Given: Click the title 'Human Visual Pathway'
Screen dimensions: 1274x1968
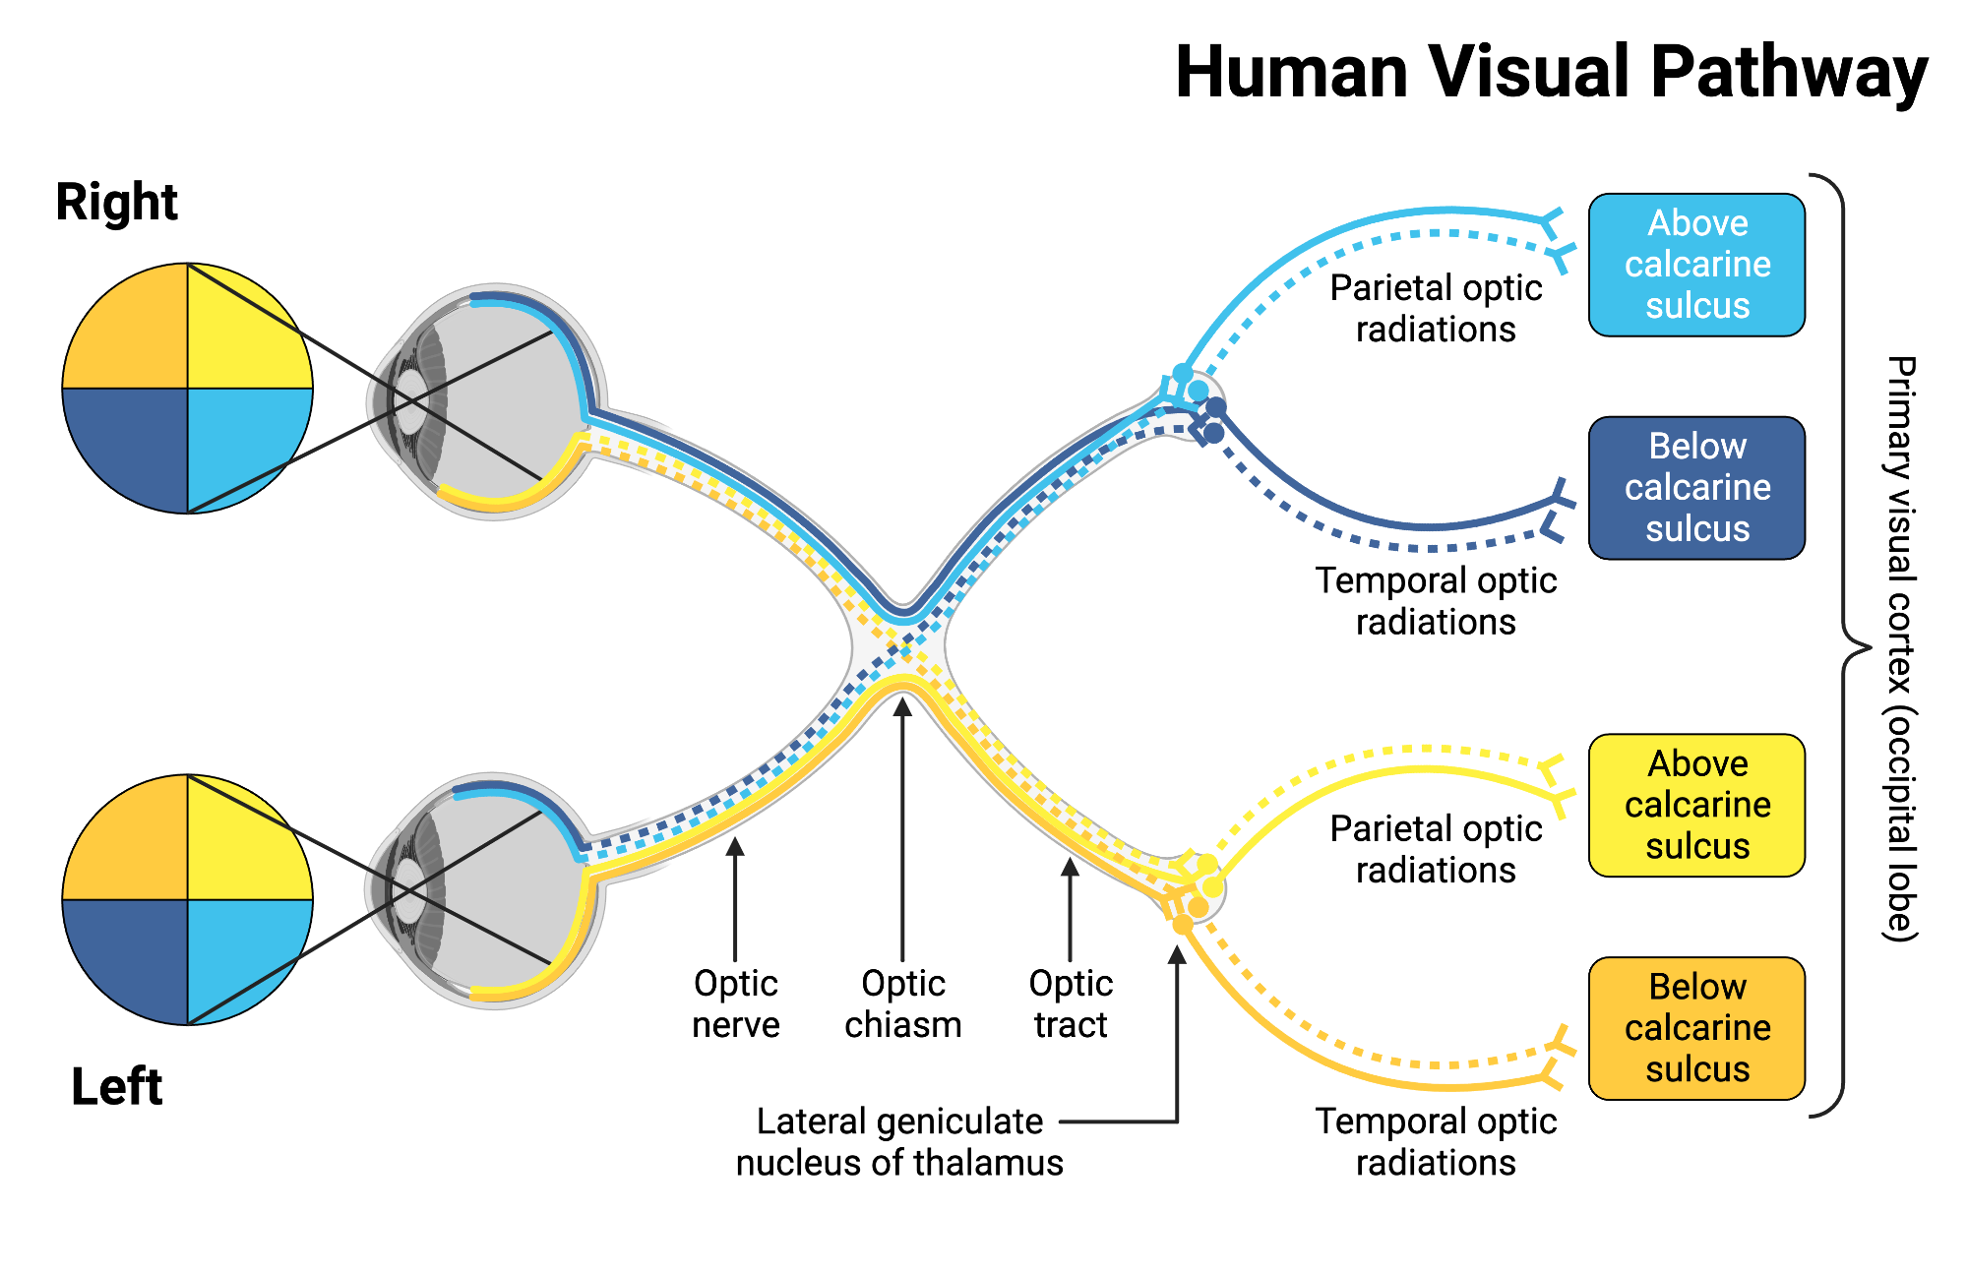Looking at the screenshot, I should [1551, 73].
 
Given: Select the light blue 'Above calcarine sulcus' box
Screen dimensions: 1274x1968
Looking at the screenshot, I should [1696, 265].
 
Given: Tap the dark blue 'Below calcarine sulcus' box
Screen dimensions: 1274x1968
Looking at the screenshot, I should [1696, 488].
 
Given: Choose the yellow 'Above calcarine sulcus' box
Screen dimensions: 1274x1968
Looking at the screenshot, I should [1696, 805].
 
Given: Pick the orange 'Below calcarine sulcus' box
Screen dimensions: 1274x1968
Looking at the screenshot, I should [1696, 1028].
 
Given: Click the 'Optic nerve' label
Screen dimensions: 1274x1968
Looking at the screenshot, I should [735, 1003].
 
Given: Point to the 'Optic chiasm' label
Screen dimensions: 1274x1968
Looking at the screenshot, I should [902, 1003].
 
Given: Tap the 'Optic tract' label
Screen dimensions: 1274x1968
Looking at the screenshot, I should [1071, 1003].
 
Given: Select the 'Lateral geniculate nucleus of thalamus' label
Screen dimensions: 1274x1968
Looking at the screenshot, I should [899, 1141].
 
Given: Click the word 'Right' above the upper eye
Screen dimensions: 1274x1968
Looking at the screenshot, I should [116, 203].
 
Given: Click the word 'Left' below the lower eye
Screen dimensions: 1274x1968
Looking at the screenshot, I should [116, 1087].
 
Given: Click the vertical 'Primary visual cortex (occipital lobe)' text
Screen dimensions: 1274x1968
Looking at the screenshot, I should [1901, 649].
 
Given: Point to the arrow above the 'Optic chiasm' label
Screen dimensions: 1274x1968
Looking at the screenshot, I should [902, 826].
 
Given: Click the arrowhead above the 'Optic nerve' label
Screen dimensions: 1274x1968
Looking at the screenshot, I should [735, 846].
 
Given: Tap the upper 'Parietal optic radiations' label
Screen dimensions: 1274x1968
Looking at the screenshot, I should [1436, 308].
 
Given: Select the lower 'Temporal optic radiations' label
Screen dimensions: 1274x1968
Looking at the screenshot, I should [1436, 1141].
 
